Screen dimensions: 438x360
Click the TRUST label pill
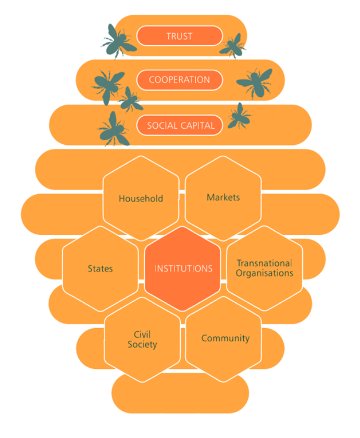coord(179,36)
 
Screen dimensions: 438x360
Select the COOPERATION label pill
coord(179,80)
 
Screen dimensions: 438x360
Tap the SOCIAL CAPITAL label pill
coord(180,126)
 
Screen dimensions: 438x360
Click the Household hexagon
coord(141,198)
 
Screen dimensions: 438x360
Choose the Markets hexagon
coord(223,197)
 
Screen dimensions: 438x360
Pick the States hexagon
coord(100,269)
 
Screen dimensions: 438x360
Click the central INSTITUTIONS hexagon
coord(183,269)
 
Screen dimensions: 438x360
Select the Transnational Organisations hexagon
coord(264,268)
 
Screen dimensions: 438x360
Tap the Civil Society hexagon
coord(142,340)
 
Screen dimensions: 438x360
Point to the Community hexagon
coord(225,339)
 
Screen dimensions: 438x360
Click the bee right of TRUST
coord(233,45)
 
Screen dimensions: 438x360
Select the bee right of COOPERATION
coord(255,82)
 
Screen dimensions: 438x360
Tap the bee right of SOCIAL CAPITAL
coord(239,116)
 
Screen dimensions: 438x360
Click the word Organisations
coord(264,273)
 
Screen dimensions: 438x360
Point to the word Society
coord(142,345)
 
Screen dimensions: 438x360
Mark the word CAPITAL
coord(196,126)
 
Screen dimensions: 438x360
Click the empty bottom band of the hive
coord(180,394)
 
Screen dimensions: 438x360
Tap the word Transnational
coord(264,263)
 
